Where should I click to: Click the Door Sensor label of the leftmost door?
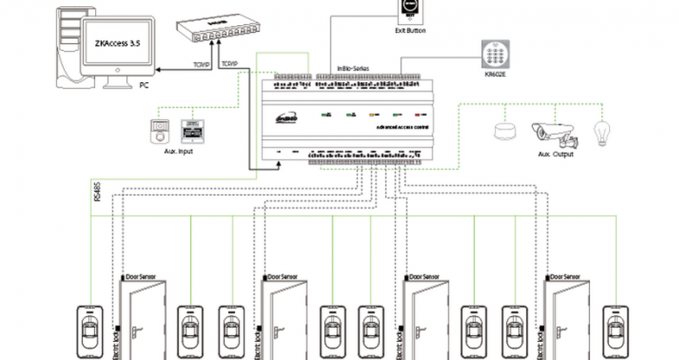click(142, 277)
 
